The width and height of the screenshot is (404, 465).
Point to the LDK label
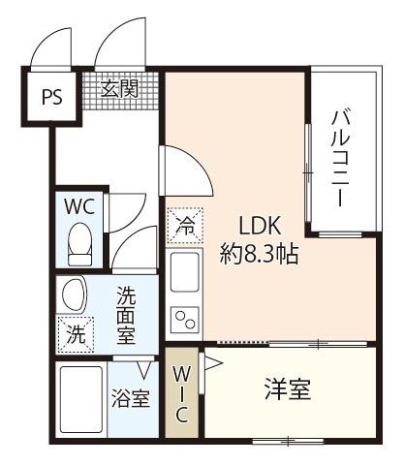[x=259, y=227]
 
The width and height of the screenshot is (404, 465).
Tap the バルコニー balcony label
[x=340, y=156]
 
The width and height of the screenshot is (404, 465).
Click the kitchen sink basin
[x=184, y=274]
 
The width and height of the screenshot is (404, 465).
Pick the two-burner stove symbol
[x=184, y=318]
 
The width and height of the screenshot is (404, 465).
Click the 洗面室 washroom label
[x=127, y=313]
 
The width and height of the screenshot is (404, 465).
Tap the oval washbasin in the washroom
[x=73, y=294]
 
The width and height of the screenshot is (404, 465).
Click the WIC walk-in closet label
[x=183, y=392]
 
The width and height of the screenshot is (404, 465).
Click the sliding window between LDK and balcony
[x=307, y=172]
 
